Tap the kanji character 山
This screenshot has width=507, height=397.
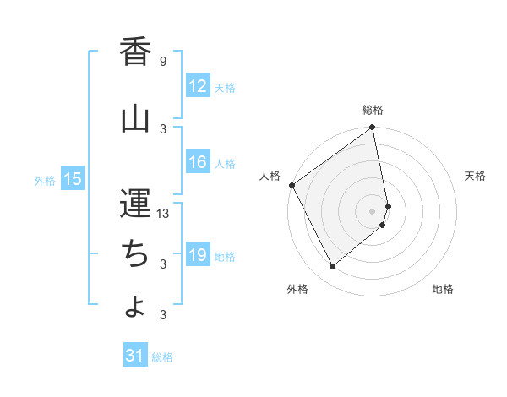(x=135, y=120)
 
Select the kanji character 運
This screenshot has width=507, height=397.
(x=135, y=203)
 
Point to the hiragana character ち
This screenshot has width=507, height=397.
(x=135, y=253)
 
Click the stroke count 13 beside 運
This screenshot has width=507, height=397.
(x=164, y=214)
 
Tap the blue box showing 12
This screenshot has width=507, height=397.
(x=198, y=87)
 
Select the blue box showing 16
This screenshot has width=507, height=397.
(x=198, y=163)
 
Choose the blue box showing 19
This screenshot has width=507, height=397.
(x=198, y=256)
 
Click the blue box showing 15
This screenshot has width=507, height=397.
(x=73, y=179)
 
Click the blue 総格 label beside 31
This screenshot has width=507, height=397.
(x=162, y=357)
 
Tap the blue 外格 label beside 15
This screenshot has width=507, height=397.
(x=44, y=180)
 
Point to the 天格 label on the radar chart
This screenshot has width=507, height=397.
(x=475, y=176)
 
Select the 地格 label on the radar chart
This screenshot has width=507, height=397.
(x=443, y=289)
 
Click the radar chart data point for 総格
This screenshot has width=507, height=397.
(x=373, y=128)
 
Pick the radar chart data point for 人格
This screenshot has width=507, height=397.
(x=292, y=185)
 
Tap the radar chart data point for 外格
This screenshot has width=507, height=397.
(x=332, y=267)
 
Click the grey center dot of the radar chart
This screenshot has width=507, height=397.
(x=373, y=210)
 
